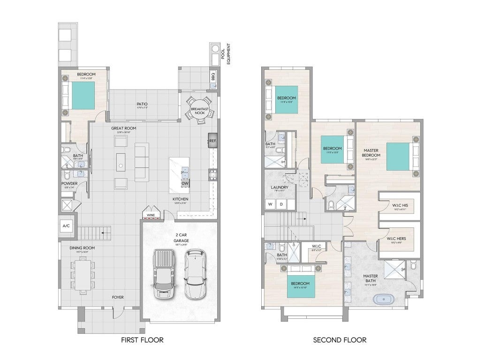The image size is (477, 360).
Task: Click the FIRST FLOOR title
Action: tap(142, 339)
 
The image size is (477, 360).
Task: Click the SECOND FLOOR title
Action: tap(340, 339)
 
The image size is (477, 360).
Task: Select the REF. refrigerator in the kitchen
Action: tap(212, 141)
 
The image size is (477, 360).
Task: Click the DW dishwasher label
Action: tap(184, 184)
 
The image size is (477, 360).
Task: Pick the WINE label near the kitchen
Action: tap(151, 215)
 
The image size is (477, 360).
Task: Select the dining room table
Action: tap(83, 275)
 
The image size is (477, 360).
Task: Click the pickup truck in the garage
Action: tap(164, 274)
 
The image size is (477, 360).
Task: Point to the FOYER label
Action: tap(118, 297)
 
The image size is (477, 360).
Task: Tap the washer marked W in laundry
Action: tap(270, 204)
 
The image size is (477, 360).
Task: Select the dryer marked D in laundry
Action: tap(281, 204)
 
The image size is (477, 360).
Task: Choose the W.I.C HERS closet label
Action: tap(396, 239)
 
